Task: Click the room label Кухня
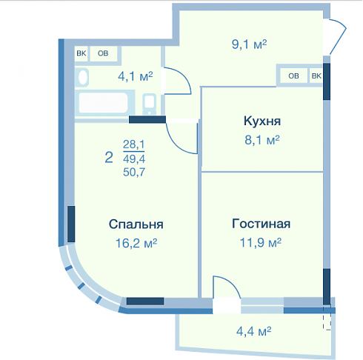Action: [x=262, y=121]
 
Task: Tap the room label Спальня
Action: [x=136, y=224]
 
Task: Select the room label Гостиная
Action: [x=261, y=224]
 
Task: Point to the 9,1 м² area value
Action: [x=249, y=44]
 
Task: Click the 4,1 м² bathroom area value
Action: [x=136, y=76]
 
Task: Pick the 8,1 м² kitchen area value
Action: [x=262, y=140]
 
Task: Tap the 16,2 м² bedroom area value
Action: [x=136, y=243]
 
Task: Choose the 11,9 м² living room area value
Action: [x=261, y=242]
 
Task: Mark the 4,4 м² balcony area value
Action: [x=253, y=331]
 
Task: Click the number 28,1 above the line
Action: [x=134, y=144]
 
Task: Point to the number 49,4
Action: [x=134, y=159]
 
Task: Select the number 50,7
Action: [x=134, y=172]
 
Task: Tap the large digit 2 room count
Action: [x=109, y=158]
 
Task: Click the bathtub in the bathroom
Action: [x=105, y=103]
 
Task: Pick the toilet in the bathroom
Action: [x=150, y=103]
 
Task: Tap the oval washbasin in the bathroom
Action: [x=83, y=77]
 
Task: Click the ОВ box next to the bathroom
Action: [x=103, y=53]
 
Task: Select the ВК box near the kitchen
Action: [x=316, y=76]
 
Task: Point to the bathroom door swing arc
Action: [x=183, y=75]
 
